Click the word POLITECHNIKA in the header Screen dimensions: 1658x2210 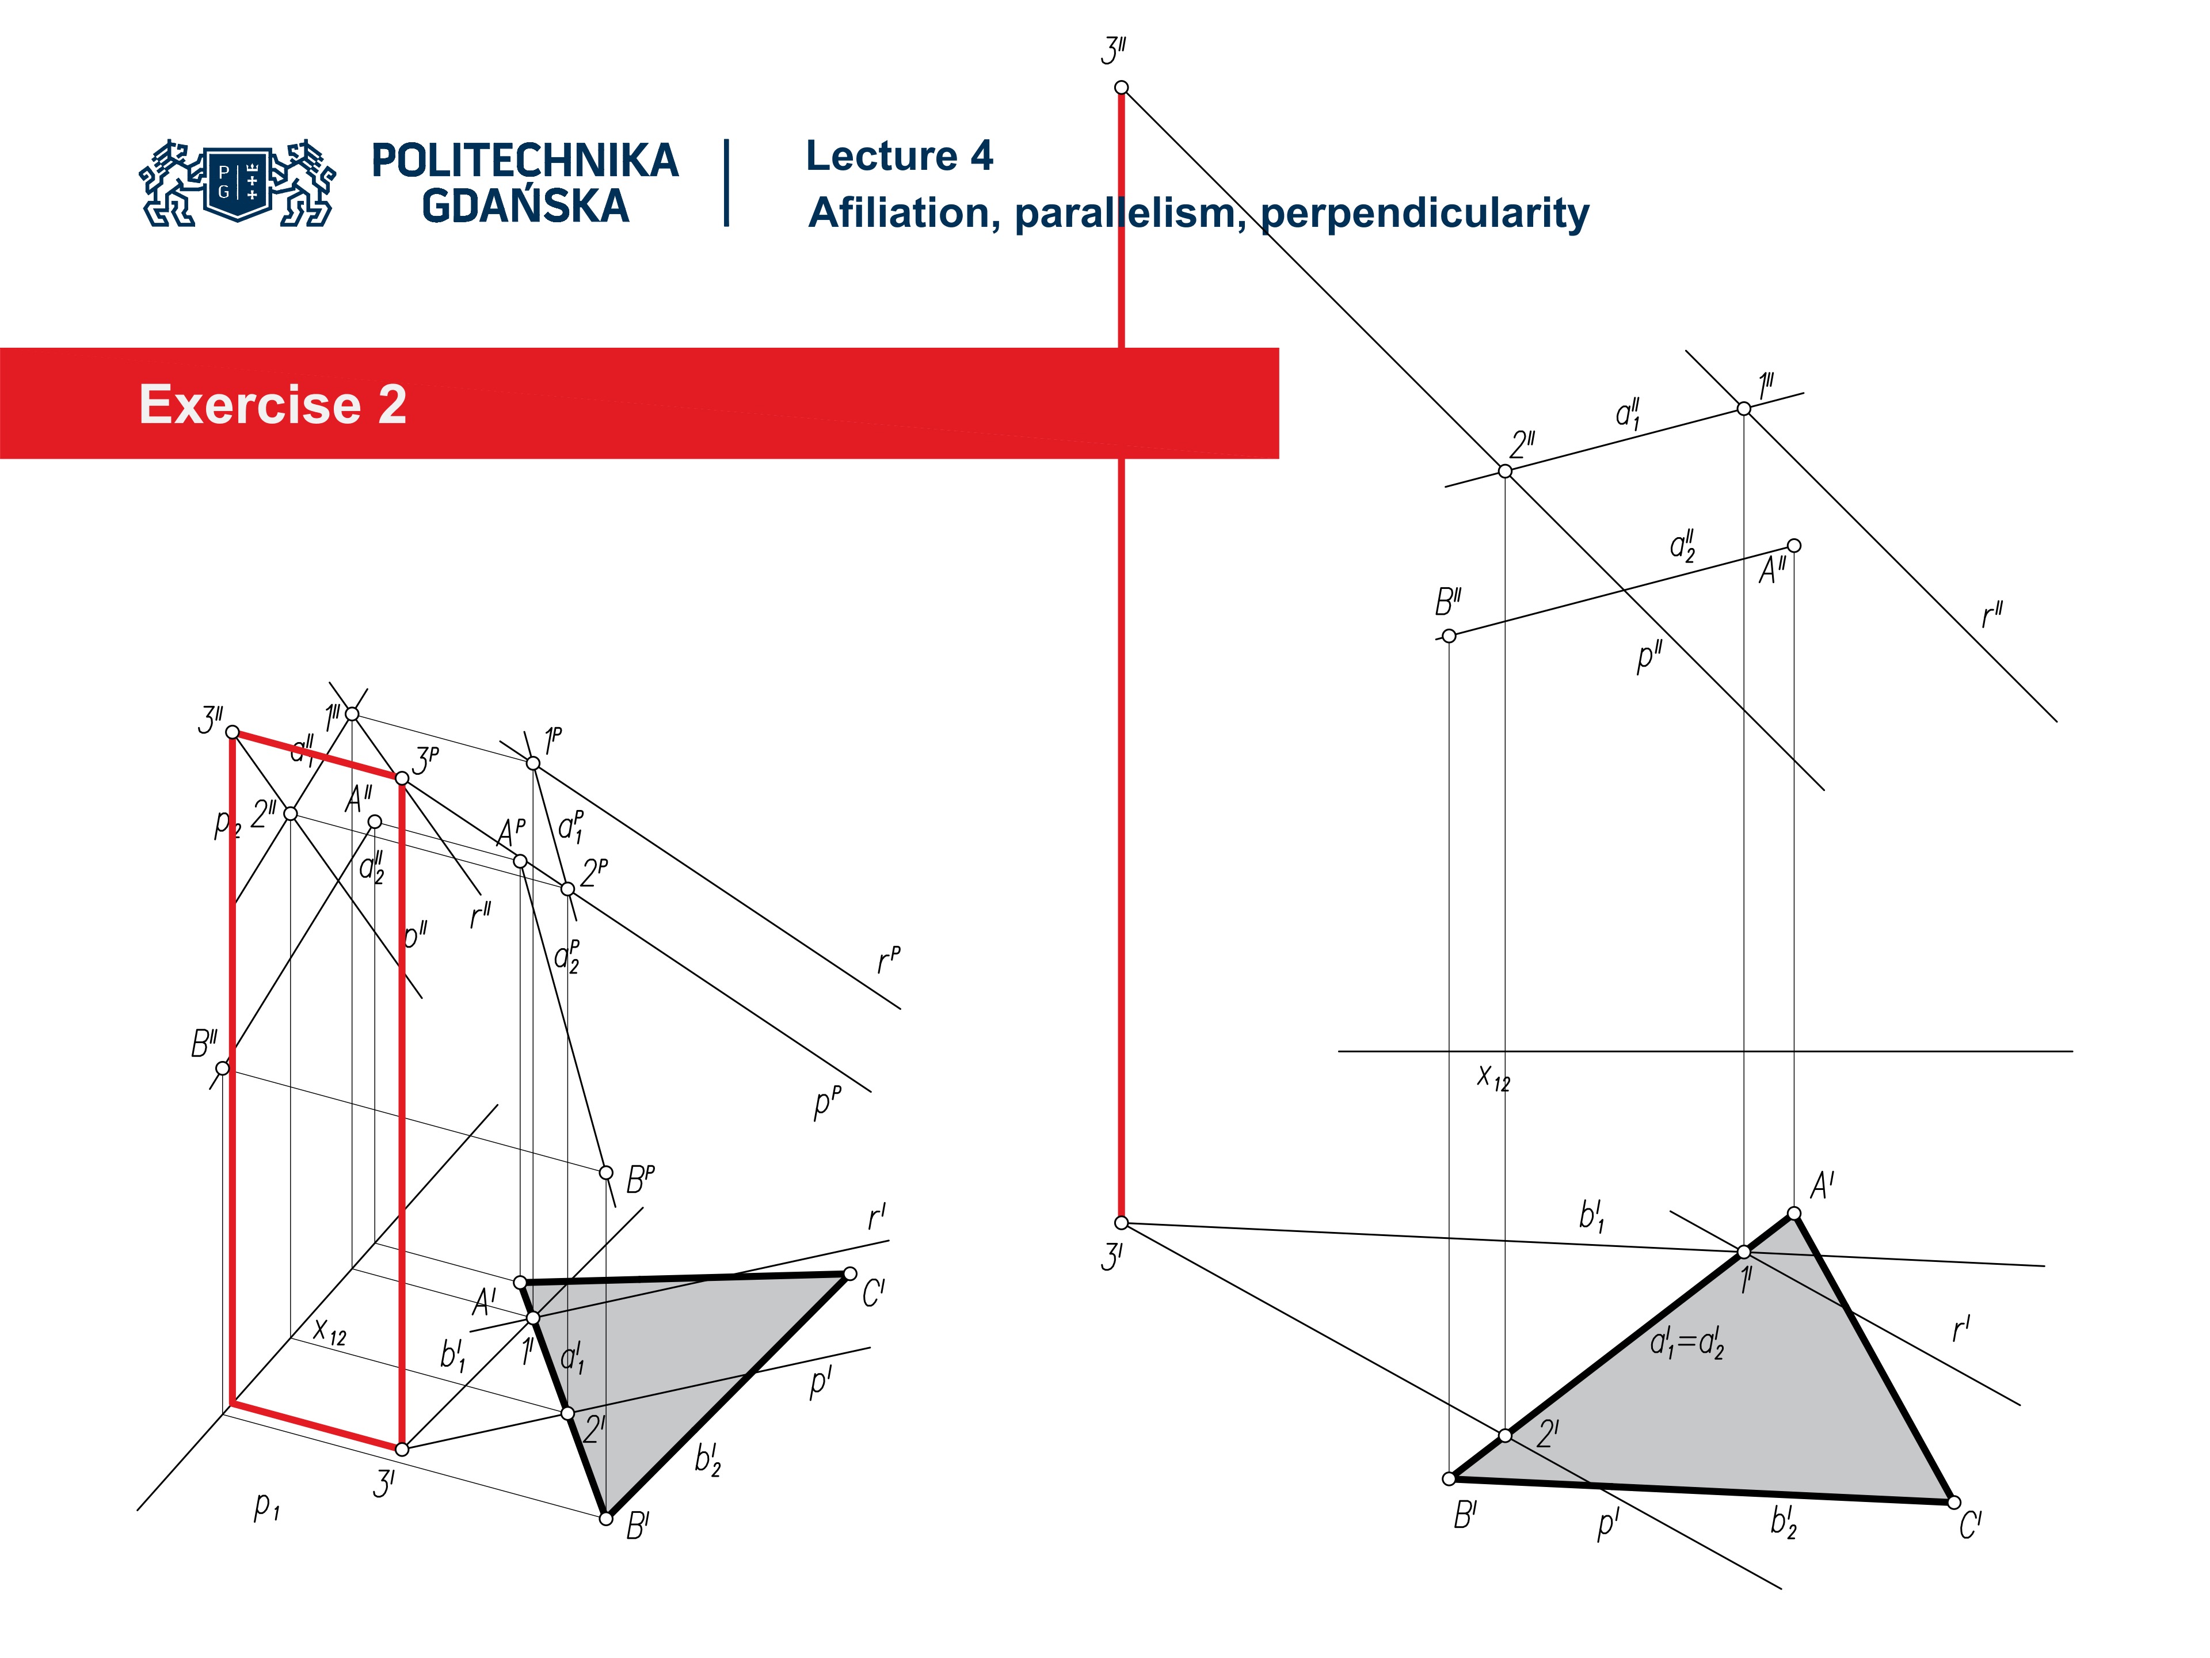(524, 161)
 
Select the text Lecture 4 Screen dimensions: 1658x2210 (898, 156)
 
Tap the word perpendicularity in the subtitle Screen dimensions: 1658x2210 (1424, 213)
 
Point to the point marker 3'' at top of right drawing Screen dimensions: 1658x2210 (1121, 88)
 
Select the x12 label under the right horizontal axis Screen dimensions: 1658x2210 (1493, 1077)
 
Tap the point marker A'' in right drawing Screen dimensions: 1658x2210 (1793, 546)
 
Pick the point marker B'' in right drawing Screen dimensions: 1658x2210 (1449, 636)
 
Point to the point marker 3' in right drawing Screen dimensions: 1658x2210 (1121, 1222)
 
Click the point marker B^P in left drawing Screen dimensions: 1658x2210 (605, 1172)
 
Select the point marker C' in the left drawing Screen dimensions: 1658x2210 (849, 1273)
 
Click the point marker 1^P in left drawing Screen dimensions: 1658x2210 (532, 763)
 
